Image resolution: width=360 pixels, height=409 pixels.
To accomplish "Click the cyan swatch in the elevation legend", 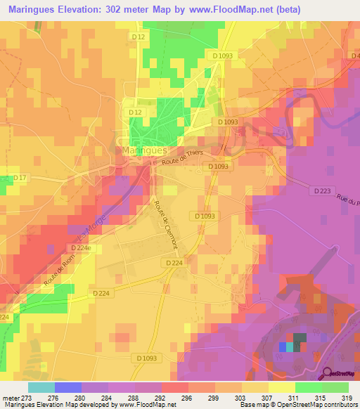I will pyautogui.click(x=41, y=387).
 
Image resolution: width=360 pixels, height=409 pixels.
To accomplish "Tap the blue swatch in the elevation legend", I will pyautogui.click(x=67, y=387).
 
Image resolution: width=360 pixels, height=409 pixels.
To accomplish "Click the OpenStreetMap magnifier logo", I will pyautogui.click(x=326, y=373).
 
